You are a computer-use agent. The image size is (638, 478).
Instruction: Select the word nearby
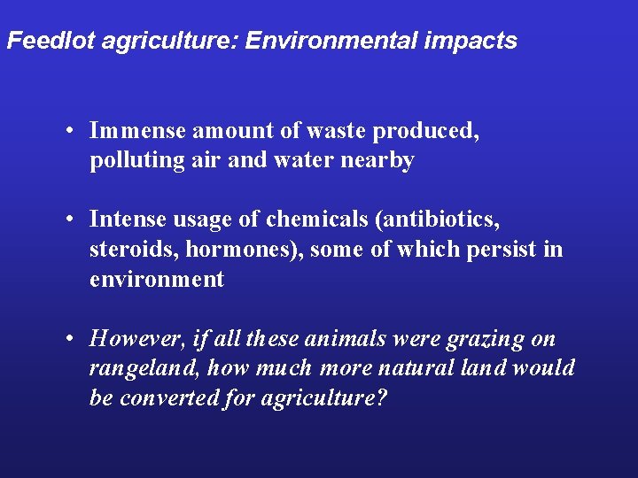coord(377,161)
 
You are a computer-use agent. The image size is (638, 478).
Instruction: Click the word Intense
coord(129,219)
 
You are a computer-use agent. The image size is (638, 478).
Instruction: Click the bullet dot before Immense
coord(70,132)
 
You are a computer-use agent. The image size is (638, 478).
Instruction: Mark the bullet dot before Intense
coord(70,220)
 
